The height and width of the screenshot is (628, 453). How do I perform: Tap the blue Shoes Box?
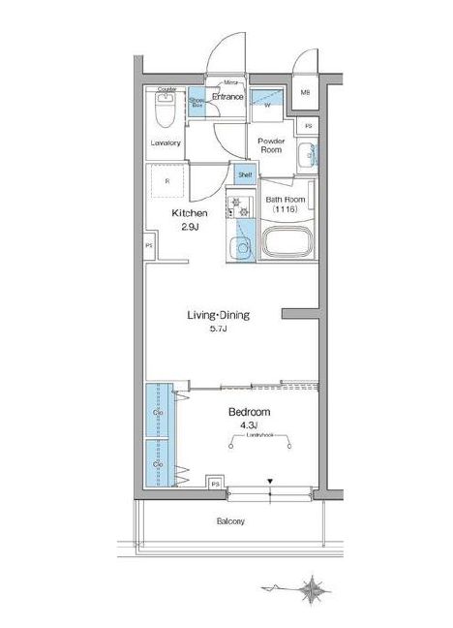pyautogui.click(x=197, y=104)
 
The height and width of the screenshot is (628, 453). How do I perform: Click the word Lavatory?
pyautogui.click(x=166, y=143)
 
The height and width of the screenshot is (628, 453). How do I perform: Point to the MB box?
pyautogui.click(x=305, y=94)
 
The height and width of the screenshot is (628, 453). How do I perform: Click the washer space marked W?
pyautogui.click(x=267, y=105)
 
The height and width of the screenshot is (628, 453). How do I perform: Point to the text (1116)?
pyautogui.click(x=285, y=209)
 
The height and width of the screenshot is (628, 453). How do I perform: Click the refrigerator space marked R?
pyautogui.click(x=166, y=181)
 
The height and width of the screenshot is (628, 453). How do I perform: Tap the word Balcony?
pyautogui.click(x=230, y=521)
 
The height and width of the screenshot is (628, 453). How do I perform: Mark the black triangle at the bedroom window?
pyautogui.click(x=271, y=482)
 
